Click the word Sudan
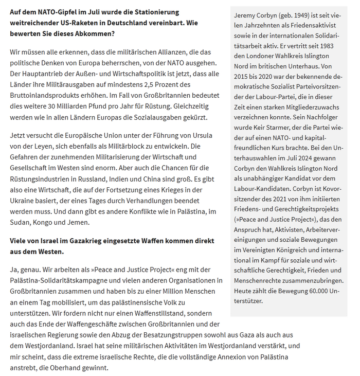click(20, 224)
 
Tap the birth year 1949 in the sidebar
click(300, 15)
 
